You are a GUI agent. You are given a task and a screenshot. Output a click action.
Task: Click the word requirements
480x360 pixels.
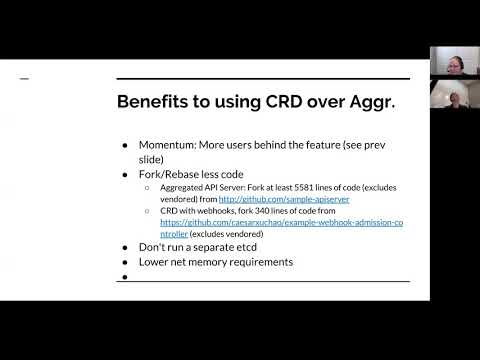click(x=271, y=261)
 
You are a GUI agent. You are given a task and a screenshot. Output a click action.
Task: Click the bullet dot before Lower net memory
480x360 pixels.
click(x=124, y=261)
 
